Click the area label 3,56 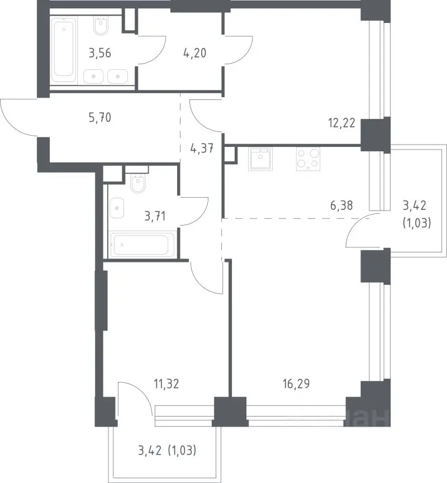click(100, 53)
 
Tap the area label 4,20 click(194, 53)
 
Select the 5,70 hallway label click(100, 117)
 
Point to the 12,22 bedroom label click(341, 123)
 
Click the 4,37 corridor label click(202, 149)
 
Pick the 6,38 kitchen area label click(341, 205)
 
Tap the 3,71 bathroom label click(155, 216)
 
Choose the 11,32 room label click(167, 384)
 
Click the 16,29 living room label click(296, 384)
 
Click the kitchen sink click(260, 159)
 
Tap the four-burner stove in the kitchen click(308, 159)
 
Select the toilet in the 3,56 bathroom click(101, 26)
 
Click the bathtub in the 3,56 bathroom click(64, 50)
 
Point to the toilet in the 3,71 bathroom click(137, 183)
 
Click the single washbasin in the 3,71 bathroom click(117, 208)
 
